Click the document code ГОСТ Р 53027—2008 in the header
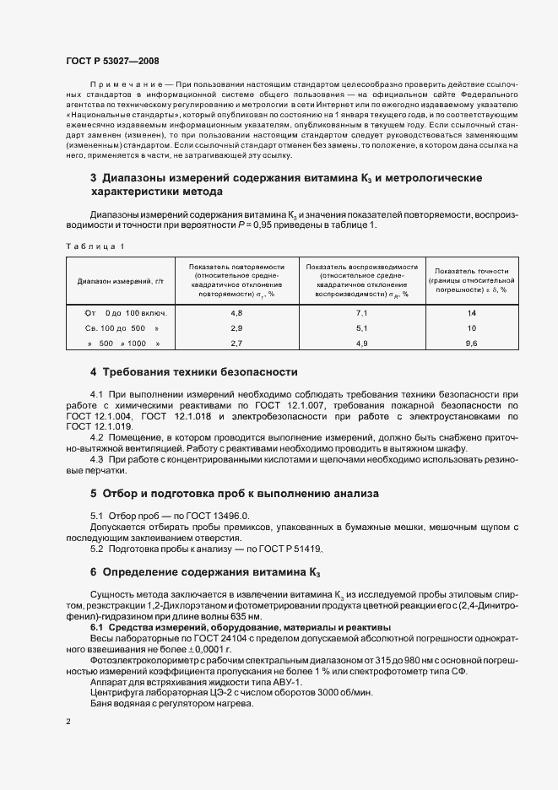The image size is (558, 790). (111, 61)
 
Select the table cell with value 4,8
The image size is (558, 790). (236, 312)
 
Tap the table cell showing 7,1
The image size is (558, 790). (361, 312)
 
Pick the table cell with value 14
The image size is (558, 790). (471, 312)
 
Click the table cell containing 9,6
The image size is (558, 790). (471, 344)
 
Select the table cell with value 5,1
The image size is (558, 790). (361, 327)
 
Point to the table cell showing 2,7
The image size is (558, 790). (236, 344)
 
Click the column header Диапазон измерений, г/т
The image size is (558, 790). (119, 280)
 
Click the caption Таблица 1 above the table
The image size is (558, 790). (95, 246)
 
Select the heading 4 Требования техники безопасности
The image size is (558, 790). (193, 372)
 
